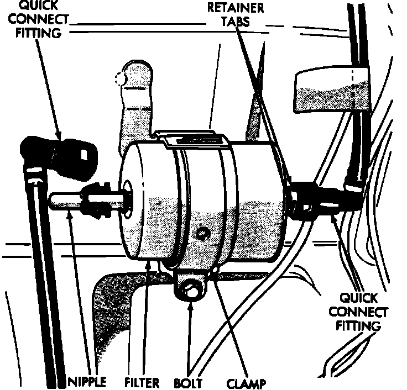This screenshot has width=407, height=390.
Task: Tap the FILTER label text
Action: (x=142, y=382)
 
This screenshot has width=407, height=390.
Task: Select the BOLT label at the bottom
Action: (x=188, y=382)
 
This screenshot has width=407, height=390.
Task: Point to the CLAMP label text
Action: (x=246, y=382)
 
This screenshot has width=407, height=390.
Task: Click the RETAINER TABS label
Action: (x=236, y=15)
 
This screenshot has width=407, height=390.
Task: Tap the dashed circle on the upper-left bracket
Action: (x=120, y=78)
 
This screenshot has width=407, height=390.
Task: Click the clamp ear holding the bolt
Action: (x=191, y=284)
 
